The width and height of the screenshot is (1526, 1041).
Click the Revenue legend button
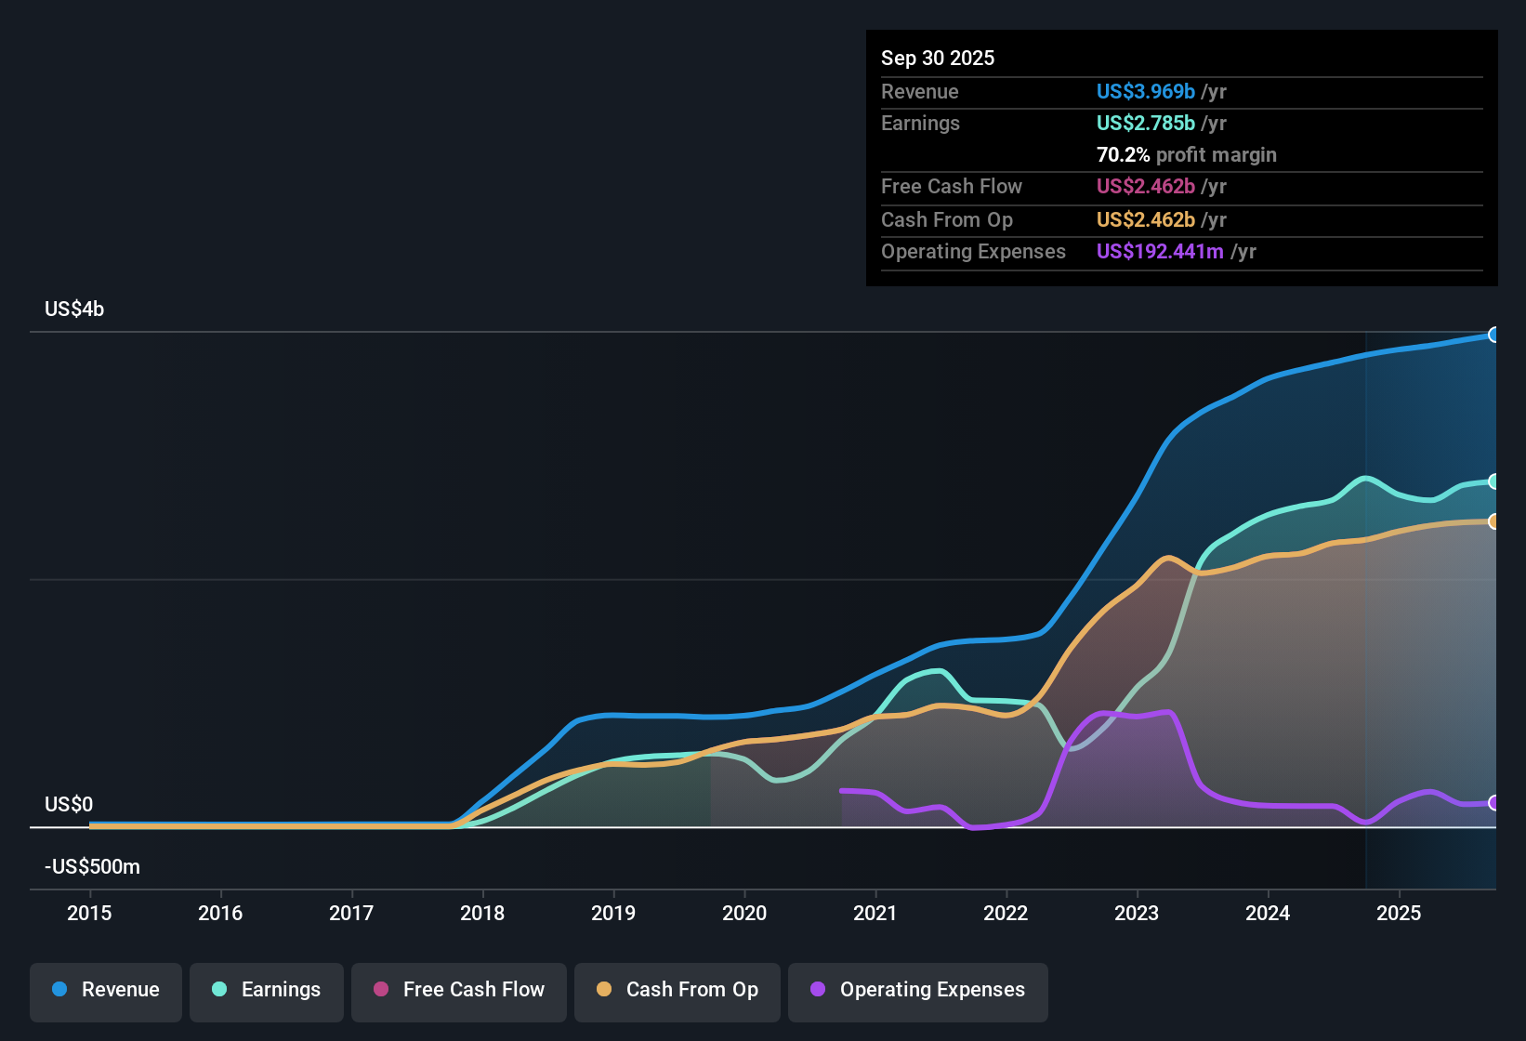(x=106, y=990)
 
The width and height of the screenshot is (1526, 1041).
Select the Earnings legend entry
(x=267, y=990)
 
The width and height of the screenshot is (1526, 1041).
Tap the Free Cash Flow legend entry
(x=459, y=990)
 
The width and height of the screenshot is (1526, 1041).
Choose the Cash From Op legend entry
(x=677, y=990)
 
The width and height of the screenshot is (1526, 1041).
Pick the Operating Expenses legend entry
(x=918, y=990)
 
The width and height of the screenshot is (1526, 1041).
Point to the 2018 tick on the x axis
(x=482, y=913)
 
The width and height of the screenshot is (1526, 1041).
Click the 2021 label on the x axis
(x=875, y=913)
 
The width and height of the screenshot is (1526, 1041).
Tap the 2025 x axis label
(x=1399, y=913)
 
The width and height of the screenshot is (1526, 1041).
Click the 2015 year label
(x=89, y=913)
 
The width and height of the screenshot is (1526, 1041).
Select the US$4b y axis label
(x=74, y=310)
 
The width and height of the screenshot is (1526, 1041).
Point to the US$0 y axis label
(x=69, y=804)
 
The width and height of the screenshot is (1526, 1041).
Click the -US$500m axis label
(x=92, y=867)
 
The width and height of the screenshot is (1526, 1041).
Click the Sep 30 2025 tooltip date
(x=938, y=58)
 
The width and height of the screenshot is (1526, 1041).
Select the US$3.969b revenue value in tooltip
(x=1145, y=91)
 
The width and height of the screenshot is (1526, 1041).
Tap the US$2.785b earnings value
(x=1145, y=123)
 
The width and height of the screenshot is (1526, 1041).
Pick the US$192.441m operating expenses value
(x=1160, y=251)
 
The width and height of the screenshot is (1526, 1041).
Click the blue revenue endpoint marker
(x=1493, y=335)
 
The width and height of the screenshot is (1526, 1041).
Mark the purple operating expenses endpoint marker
(x=1493, y=802)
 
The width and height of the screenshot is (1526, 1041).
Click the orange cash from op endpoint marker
(x=1493, y=521)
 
